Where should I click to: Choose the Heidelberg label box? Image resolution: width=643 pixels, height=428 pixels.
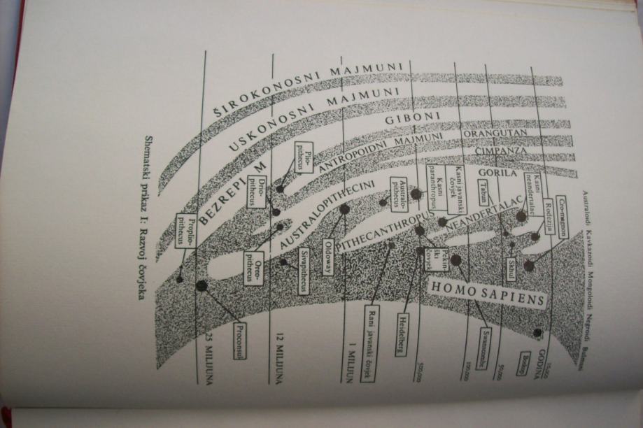pos(402,334)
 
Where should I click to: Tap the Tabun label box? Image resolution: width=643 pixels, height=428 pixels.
pos(483,192)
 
